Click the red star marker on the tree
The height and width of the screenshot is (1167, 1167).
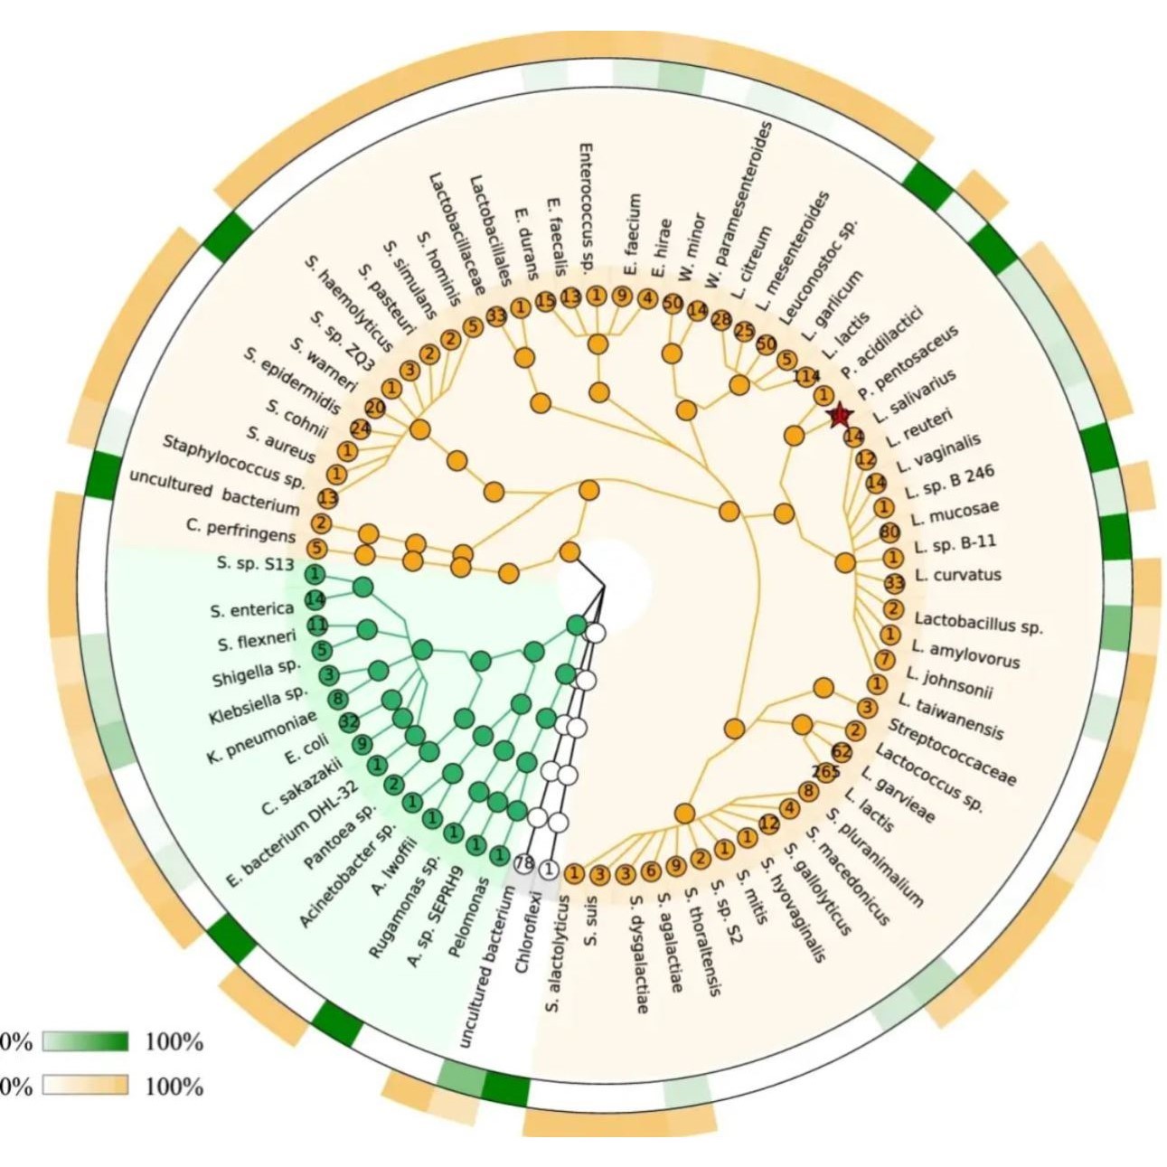pyautogui.click(x=840, y=415)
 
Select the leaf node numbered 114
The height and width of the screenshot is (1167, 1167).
pyautogui.click(x=806, y=377)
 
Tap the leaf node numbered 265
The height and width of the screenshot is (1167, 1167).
pyautogui.click(x=825, y=771)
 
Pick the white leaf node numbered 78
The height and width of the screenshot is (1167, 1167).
pyautogui.click(x=524, y=863)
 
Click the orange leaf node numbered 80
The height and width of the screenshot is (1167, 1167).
pyautogui.click(x=889, y=532)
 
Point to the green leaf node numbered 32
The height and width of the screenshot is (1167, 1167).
pyautogui.click(x=349, y=721)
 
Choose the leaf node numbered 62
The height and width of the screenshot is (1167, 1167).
pyautogui.click(x=842, y=751)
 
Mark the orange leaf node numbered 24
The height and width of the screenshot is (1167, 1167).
pyautogui.click(x=361, y=428)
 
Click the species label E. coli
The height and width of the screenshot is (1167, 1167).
pyautogui.click(x=305, y=751)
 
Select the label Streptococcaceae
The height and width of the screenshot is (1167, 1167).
pyautogui.click(x=952, y=752)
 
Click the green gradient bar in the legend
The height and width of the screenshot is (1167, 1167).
pyautogui.click(x=85, y=1042)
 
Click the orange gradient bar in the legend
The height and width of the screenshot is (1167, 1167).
pyautogui.click(x=85, y=1086)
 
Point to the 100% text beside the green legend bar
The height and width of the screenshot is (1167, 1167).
pyautogui.click(x=174, y=1042)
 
